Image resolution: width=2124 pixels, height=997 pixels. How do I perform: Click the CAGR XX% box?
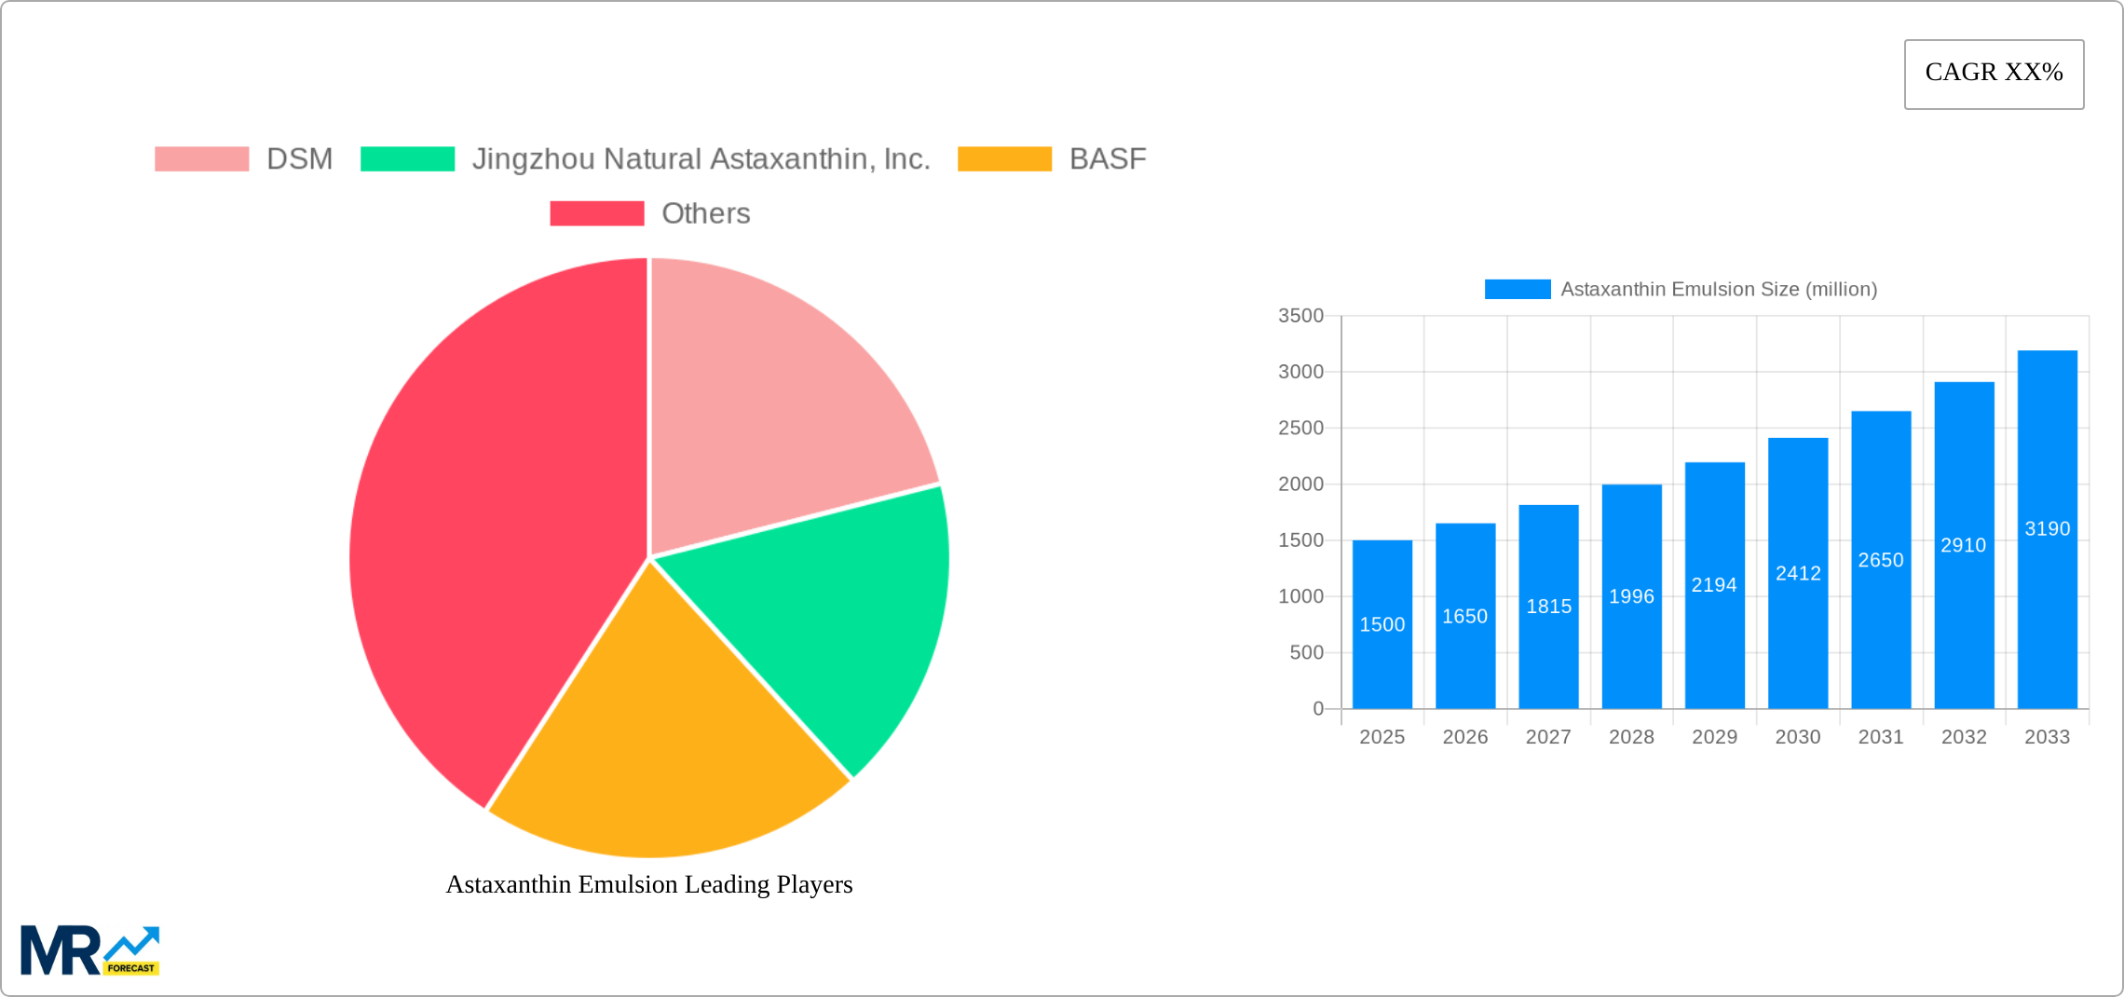[1994, 74]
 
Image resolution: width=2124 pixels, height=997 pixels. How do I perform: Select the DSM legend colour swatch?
[201, 159]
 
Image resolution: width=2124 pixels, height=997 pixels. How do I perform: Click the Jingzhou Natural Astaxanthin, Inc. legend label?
[701, 159]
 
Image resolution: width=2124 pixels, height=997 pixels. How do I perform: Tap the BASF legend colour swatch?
[1004, 159]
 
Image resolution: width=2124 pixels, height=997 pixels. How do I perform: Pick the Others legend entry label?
[705, 213]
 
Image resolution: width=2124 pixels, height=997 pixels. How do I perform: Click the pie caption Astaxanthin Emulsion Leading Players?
[649, 884]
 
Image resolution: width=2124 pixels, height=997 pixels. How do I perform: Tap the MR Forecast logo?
[90, 950]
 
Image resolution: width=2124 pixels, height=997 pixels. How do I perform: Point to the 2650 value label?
[1881, 560]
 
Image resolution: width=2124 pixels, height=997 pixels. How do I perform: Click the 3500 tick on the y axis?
[1300, 316]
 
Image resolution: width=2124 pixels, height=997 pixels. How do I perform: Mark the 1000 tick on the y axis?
[1300, 596]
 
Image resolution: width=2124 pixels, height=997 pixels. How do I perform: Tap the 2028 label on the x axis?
[1631, 737]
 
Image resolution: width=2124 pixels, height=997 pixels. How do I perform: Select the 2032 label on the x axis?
[1964, 737]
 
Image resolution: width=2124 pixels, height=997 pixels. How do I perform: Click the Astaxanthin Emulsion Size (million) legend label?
[1719, 290]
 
